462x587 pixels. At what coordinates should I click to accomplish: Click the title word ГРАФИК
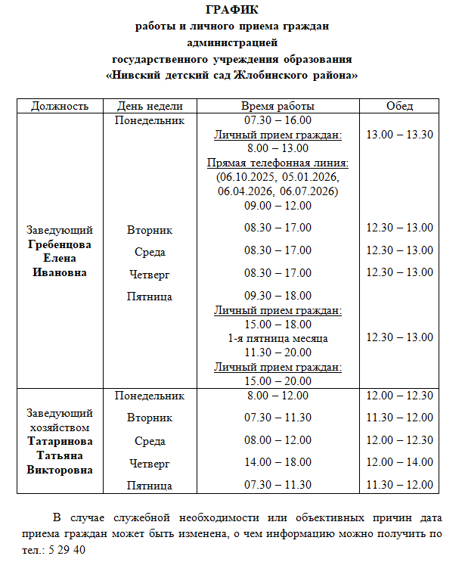231,10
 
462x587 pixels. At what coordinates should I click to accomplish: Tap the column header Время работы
278,106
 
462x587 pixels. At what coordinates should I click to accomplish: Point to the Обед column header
399,106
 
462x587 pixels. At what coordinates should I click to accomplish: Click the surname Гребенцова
59,244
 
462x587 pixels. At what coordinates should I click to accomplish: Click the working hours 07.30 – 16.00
278,120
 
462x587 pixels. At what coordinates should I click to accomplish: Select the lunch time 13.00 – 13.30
399,135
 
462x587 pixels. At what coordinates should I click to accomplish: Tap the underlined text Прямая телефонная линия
278,163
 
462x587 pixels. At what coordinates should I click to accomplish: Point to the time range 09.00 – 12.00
278,205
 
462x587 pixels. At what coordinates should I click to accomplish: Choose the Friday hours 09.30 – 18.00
278,296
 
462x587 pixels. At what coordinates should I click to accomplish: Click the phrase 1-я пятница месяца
278,338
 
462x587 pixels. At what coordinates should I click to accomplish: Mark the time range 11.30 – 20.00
278,353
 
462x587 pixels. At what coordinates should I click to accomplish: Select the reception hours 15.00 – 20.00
278,380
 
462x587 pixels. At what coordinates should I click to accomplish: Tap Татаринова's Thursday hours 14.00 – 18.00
278,462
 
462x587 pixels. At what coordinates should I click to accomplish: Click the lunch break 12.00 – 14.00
399,462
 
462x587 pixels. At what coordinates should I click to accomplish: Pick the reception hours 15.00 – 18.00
278,324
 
